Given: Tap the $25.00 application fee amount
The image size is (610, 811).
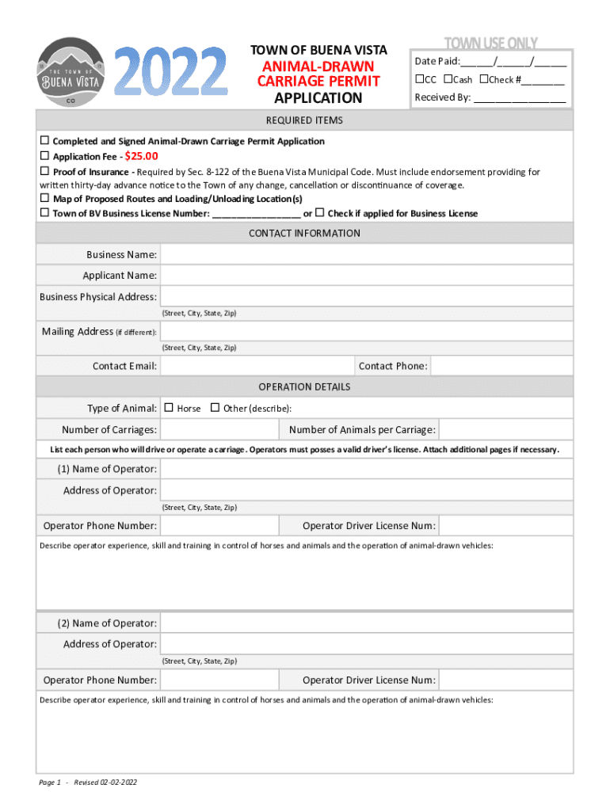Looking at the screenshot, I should coord(142,156).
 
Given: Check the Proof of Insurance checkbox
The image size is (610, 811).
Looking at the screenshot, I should coord(45,171).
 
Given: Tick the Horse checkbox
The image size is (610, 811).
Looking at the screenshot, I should coord(169,408).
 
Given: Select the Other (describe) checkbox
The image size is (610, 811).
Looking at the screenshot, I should coord(215,408).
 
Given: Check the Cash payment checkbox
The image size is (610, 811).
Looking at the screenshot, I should coord(448,79).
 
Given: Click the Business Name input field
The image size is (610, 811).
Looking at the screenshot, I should coord(367,254).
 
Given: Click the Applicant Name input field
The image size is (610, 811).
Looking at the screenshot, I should coord(367,276).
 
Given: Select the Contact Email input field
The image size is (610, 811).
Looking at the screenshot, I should coord(257,366).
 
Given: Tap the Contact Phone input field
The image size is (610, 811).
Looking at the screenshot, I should coord(501,366).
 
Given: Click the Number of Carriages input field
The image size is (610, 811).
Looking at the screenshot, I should coord(219,430).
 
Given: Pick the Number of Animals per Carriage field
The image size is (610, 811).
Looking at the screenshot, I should coord(505,430).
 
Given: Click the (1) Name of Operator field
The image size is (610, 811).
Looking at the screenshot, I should coord(367,469).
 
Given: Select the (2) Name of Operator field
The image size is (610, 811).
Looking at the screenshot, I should coord(367,623).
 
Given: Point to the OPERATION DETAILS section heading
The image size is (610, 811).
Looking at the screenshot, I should coord(304,386).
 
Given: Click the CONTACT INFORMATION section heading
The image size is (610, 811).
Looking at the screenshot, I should coord(304,233).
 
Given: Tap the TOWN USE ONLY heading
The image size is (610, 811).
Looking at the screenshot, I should coord(490,43).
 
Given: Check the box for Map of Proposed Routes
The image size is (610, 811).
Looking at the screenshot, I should coord(45,199).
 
